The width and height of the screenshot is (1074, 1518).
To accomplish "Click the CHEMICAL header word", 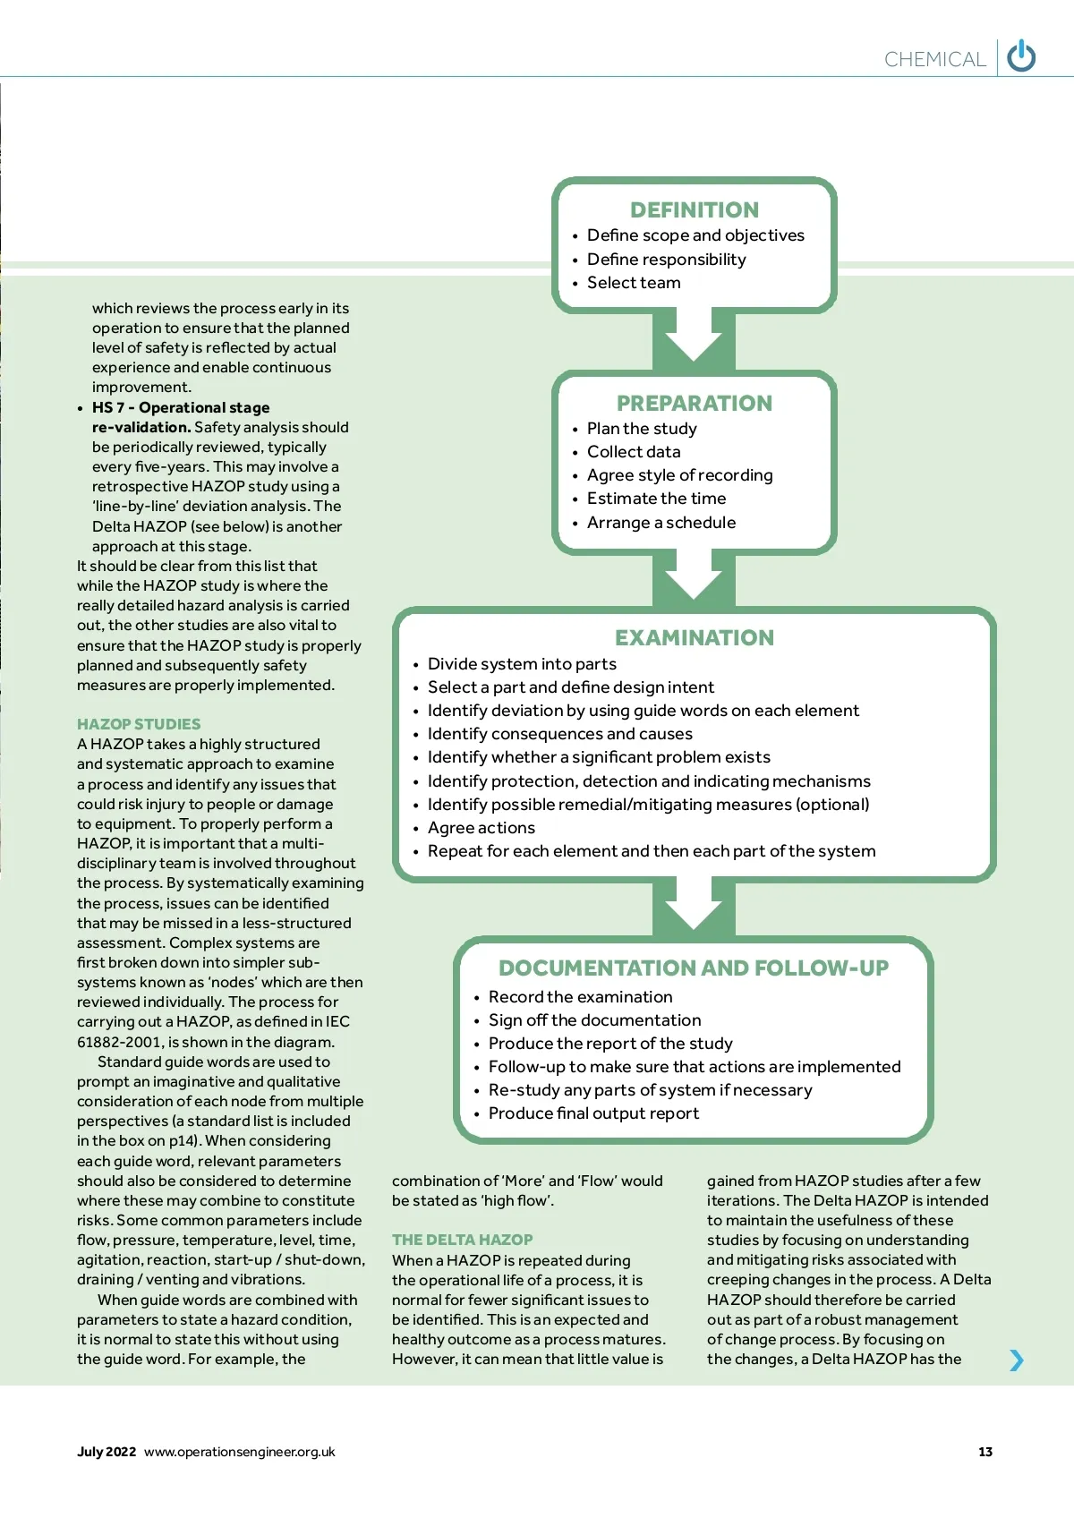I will click(934, 59).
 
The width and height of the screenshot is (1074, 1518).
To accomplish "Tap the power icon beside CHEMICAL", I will click(1021, 56).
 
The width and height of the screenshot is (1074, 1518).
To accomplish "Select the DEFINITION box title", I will click(695, 210).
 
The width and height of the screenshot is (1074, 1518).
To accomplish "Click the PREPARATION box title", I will click(695, 404).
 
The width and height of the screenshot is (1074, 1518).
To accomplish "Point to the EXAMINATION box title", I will click(695, 638).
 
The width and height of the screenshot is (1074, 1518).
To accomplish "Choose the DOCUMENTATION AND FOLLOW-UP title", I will click(694, 968).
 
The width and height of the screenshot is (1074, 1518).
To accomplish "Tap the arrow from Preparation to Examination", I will click(694, 577).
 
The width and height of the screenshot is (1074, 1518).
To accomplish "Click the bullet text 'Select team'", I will click(634, 283).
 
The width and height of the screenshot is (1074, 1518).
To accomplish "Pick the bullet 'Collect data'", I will click(634, 452).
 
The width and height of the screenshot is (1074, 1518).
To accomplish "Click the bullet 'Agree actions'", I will click(482, 828).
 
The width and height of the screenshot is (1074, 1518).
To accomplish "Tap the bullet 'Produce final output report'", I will click(593, 1113).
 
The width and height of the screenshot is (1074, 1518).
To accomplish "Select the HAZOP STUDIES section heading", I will click(139, 724).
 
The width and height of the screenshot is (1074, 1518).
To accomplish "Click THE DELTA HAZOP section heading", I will click(462, 1240).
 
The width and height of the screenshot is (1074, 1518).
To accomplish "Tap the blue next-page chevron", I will click(1016, 1360).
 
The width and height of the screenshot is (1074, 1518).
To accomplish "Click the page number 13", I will click(985, 1452).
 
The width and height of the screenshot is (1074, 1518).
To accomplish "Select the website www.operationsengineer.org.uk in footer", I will click(240, 1452).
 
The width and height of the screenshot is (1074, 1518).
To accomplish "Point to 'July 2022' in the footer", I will click(107, 1452).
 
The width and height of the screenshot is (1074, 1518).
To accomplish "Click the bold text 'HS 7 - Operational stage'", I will click(181, 408).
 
